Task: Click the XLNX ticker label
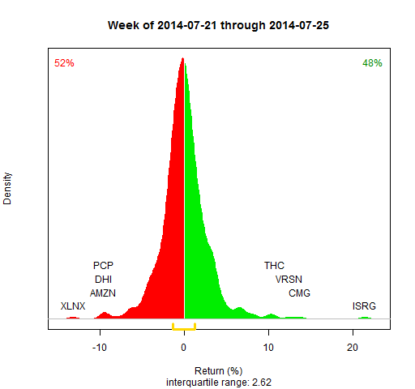point(73,306)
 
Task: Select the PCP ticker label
point(103,265)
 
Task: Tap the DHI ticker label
point(103,279)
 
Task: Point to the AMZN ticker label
point(103,293)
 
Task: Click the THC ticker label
point(275,265)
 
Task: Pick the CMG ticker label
point(299,293)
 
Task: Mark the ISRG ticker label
point(364,306)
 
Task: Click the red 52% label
point(64,63)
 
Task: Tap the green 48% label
point(372,63)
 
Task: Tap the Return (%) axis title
point(219,370)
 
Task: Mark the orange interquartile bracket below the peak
point(184,327)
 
